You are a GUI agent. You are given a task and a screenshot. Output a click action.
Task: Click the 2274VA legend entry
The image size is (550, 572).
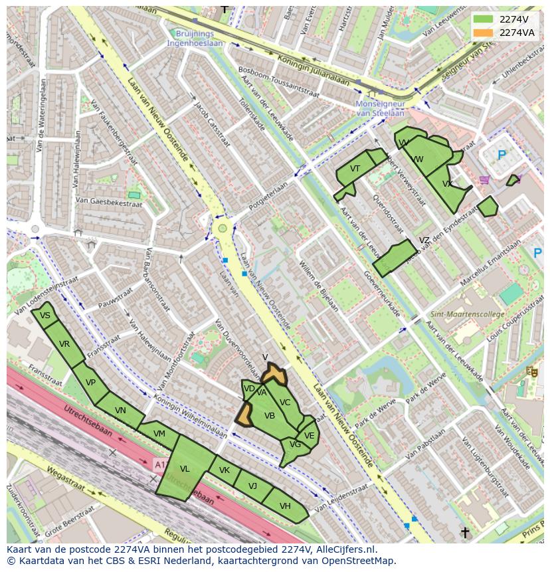tap(505, 32)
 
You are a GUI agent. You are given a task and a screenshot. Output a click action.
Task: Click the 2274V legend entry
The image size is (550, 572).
tap(505, 19)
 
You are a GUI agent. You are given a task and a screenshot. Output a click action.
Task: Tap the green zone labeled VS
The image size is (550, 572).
tap(45, 316)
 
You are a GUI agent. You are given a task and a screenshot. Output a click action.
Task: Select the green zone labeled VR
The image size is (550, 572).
tap(64, 344)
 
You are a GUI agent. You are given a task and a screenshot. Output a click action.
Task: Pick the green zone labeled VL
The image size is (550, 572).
tap(185, 468)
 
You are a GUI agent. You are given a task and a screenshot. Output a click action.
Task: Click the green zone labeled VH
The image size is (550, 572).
tap(285, 506)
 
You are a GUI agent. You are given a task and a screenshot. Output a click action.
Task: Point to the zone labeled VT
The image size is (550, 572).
tap(355, 169)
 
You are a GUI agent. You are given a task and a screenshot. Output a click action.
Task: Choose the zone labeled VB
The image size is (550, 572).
tap(269, 416)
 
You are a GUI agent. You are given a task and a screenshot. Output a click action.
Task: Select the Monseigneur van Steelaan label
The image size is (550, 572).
tap(380, 108)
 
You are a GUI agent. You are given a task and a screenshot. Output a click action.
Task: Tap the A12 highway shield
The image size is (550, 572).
tap(159, 463)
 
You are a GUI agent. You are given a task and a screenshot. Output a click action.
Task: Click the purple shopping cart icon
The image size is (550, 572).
tap(484, 179)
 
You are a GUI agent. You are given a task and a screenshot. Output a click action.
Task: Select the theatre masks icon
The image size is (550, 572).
tap(531, 371)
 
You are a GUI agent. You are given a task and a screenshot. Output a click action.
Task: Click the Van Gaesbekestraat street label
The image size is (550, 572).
tap(109, 201)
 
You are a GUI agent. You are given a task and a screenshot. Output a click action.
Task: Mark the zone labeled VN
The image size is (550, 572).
tap(120, 411)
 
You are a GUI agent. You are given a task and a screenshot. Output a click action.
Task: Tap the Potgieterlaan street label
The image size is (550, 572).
tap(270, 195)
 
